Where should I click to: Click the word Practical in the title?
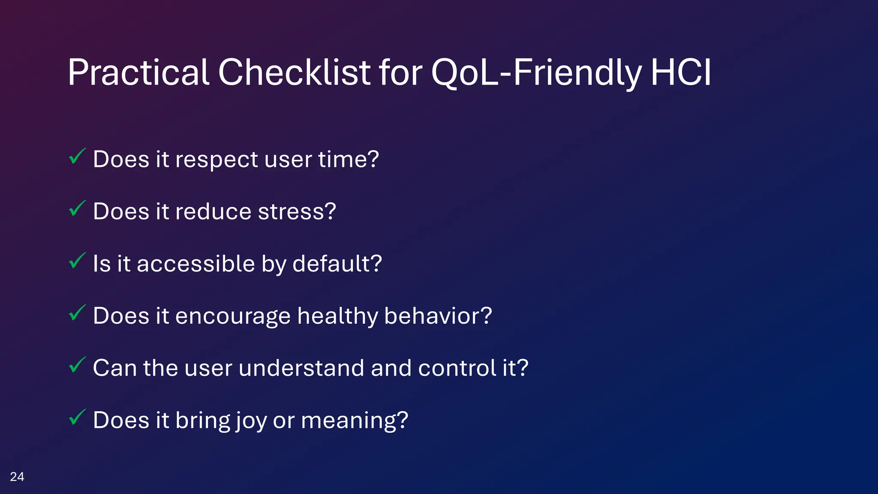pyautogui.click(x=138, y=73)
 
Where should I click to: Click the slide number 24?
pyautogui.click(x=17, y=477)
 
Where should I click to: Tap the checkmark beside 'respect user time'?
pyautogui.click(x=77, y=157)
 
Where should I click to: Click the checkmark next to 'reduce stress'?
pyautogui.click(x=77, y=209)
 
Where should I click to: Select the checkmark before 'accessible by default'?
pyautogui.click(x=77, y=261)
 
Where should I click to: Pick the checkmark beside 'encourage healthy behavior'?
pyautogui.click(x=77, y=313)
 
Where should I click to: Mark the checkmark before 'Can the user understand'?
pyautogui.click(x=77, y=365)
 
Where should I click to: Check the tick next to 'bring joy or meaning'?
pyautogui.click(x=77, y=418)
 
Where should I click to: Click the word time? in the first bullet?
pyautogui.click(x=348, y=160)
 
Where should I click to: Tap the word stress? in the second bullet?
pyautogui.click(x=297, y=212)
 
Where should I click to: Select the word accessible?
pyautogui.click(x=195, y=264)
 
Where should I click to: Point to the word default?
pyautogui.click(x=337, y=264)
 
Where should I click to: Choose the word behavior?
pyautogui.click(x=438, y=316)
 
